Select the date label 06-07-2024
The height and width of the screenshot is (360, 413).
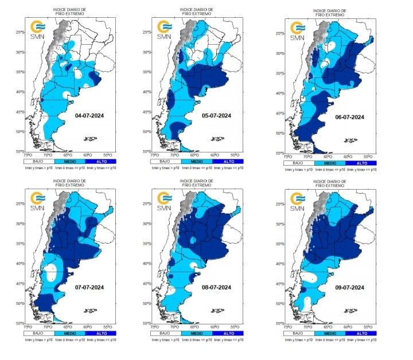tap(350, 116)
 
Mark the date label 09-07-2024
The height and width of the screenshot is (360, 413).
tap(350, 287)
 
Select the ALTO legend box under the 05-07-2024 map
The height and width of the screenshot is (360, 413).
tap(228, 162)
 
